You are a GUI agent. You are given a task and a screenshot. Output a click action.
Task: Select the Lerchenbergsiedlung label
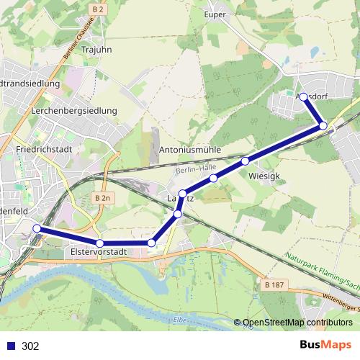pos(74,112)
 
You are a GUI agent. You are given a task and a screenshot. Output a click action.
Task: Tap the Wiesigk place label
pos(263,175)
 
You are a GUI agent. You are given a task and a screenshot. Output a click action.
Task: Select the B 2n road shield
pos(104,198)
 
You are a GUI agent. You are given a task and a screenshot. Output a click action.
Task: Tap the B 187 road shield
pos(274,286)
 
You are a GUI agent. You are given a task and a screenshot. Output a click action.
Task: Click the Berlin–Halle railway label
pos(196,167)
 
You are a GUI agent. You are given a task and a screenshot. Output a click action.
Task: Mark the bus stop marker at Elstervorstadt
pos(99,243)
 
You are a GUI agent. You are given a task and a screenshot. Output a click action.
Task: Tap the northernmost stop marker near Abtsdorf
pos(304,97)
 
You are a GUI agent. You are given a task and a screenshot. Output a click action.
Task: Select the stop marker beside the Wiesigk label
pos(246,161)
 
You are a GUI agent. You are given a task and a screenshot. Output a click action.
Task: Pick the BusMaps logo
pos(326,346)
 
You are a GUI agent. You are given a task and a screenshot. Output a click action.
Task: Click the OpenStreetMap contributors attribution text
pos(297,323)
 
